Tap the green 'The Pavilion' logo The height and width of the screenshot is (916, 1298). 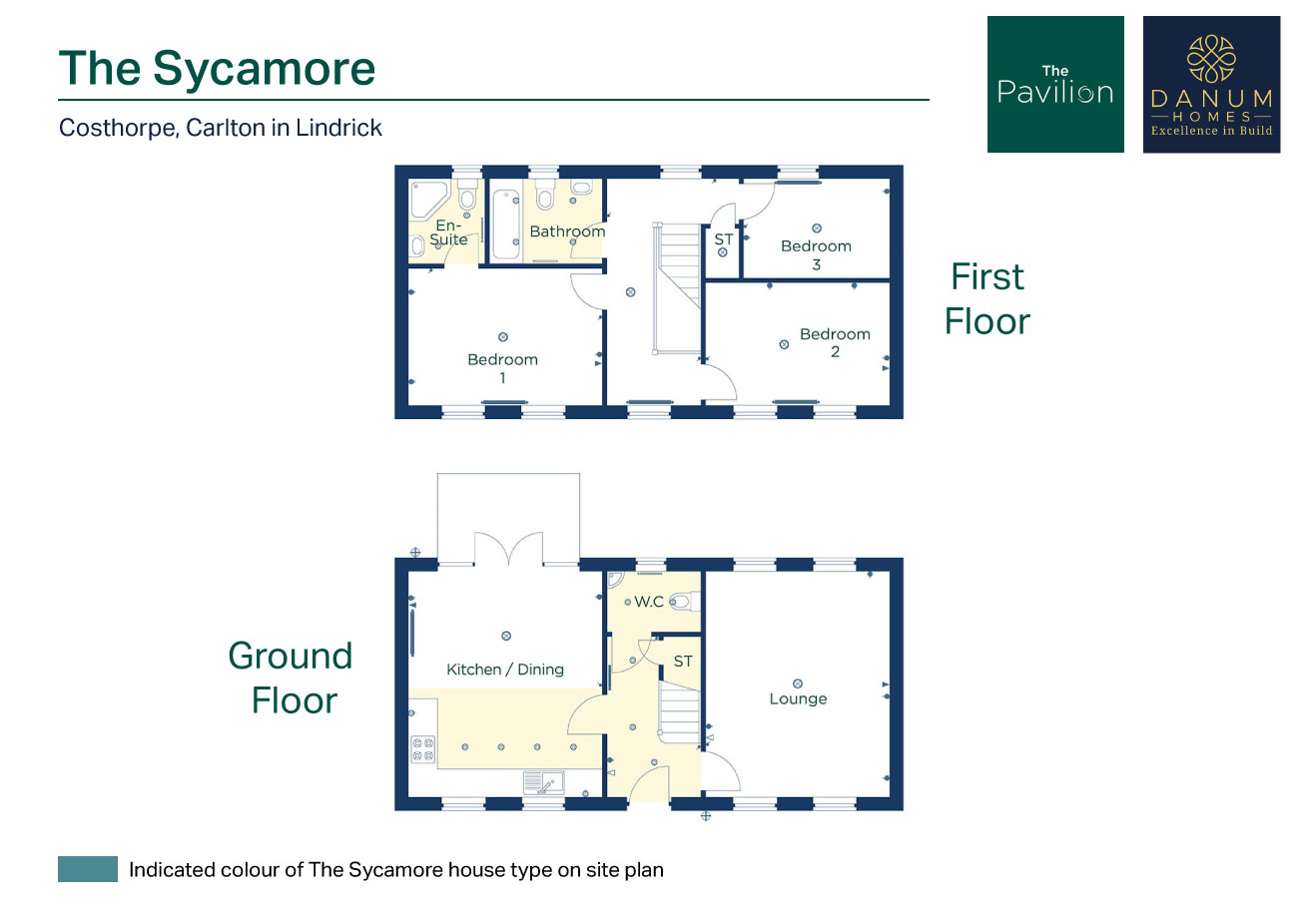coord(1055,85)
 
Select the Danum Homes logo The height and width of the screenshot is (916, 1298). coord(1212,85)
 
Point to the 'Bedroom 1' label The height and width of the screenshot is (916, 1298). coord(502,368)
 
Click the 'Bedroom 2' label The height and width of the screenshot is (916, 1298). coord(835,342)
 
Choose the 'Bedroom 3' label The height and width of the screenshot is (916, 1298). coord(816,254)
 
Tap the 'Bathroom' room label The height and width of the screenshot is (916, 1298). coord(567,231)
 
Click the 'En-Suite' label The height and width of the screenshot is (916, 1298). coord(448,232)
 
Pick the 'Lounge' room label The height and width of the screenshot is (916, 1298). coord(798,698)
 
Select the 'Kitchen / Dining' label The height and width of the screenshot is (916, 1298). coord(504,670)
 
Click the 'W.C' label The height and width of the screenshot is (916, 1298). coord(649,602)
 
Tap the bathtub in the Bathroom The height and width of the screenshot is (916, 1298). coord(506,225)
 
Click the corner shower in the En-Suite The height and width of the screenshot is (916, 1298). coord(428,201)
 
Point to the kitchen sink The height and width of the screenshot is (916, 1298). coord(543,782)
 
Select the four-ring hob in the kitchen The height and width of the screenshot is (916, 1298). coord(423,748)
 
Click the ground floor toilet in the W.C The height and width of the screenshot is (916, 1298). coord(685,602)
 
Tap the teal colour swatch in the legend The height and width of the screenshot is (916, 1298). coord(88,869)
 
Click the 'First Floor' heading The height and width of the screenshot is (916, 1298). coord(987,298)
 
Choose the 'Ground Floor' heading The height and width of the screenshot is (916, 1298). coord(291,679)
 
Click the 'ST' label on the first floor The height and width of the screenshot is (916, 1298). coord(723,239)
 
